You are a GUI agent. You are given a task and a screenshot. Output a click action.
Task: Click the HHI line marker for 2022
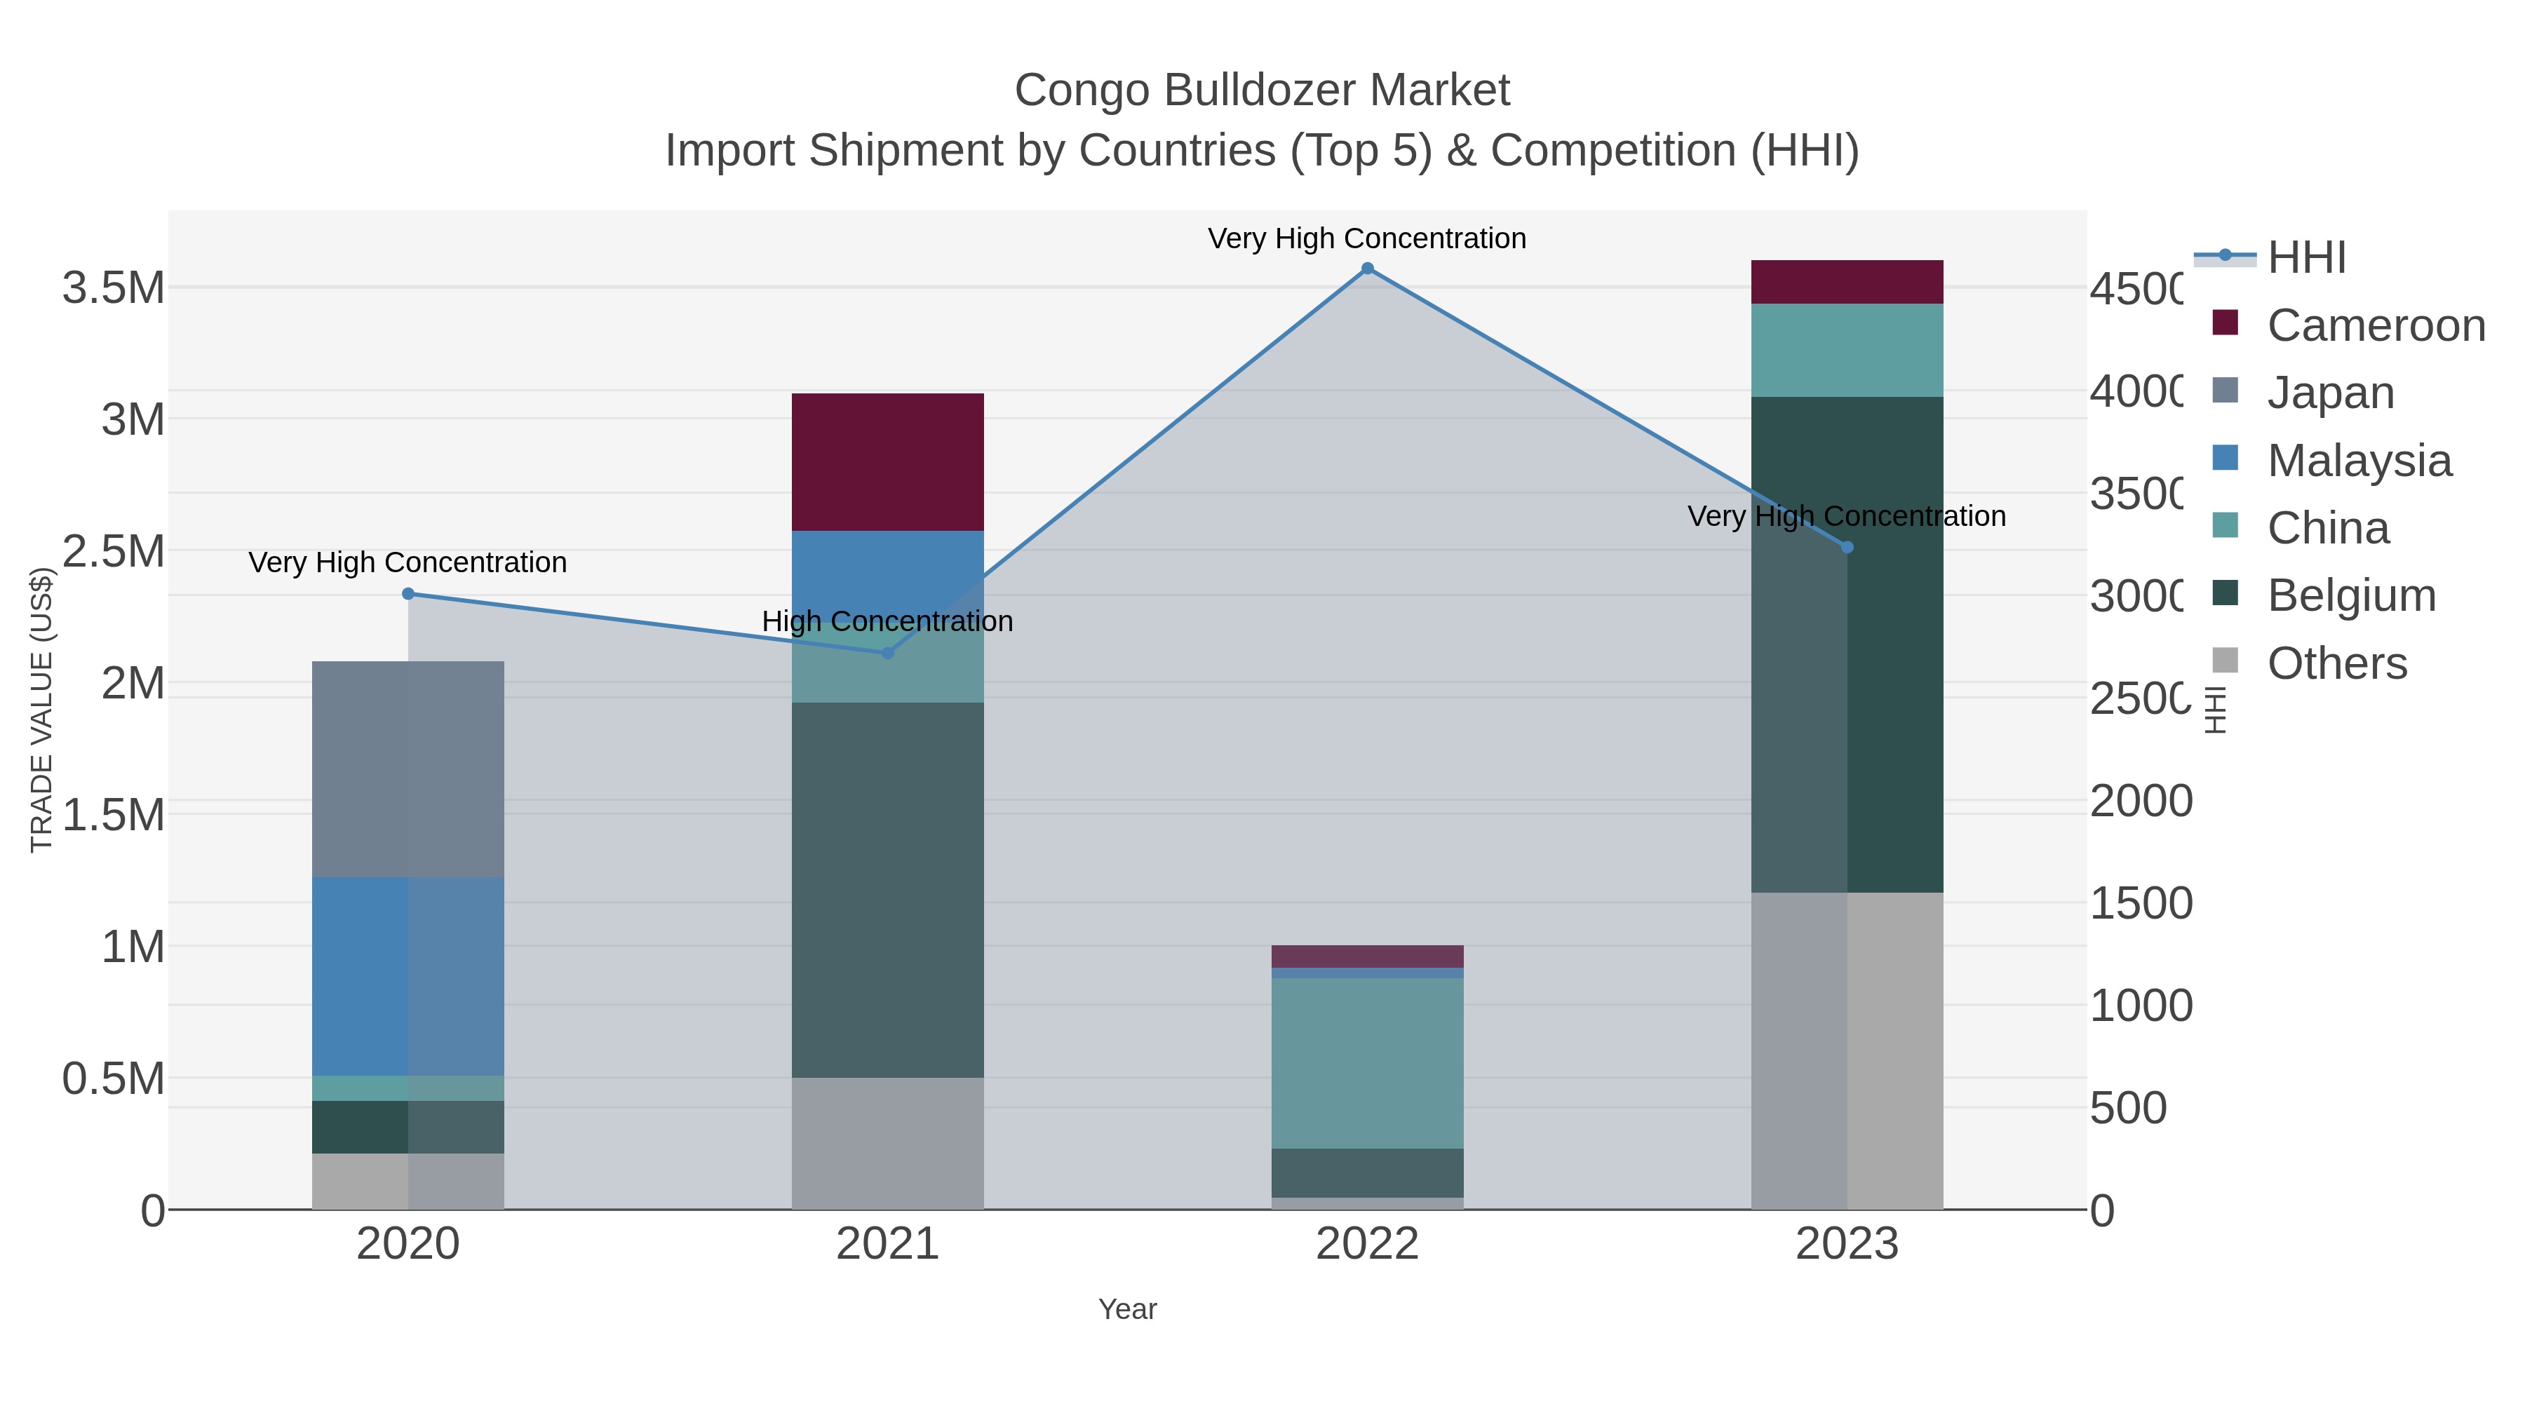coord(1368,269)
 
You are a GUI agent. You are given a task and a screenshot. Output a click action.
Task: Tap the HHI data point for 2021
coord(888,653)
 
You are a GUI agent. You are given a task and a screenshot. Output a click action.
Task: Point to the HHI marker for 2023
coord(1847,547)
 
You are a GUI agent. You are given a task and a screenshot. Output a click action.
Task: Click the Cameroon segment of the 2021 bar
coord(888,461)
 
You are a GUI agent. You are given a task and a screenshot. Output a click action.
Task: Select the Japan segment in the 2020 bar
coord(408,769)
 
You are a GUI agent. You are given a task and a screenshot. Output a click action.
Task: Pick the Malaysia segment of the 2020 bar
coord(408,976)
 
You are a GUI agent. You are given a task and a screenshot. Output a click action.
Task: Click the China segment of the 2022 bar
coord(1368,1063)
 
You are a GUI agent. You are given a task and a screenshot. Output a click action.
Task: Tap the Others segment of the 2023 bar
coord(1847,1050)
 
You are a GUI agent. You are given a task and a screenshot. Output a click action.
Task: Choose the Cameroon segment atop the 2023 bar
coord(1847,282)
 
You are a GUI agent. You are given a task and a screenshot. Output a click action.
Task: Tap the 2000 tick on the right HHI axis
coord(2141,802)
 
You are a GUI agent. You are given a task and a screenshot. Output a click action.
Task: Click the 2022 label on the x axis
coord(1368,1245)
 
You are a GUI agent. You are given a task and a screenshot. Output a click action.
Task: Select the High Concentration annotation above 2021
coord(887,621)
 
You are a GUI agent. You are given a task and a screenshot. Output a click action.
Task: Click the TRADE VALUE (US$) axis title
coord(41,710)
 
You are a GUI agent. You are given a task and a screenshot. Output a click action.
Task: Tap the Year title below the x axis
coord(1127,1309)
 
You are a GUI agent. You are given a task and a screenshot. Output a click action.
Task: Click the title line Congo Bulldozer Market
coord(1262,90)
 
